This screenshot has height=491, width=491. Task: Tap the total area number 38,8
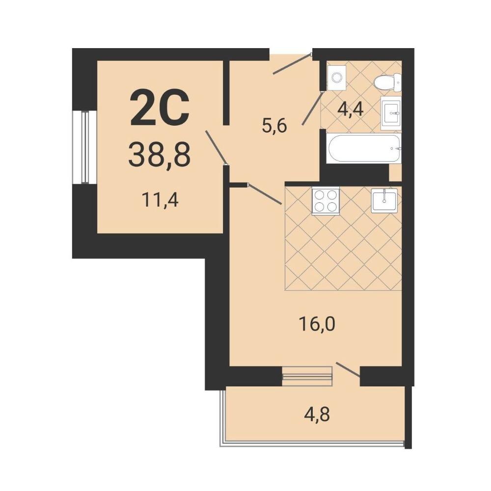[160, 154]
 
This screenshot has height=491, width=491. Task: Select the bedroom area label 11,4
[160, 200]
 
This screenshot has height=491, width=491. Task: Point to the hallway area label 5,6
[275, 126]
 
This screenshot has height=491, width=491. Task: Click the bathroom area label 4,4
[351, 109]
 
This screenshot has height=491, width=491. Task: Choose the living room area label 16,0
[317, 324]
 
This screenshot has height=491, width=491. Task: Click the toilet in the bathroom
[387, 82]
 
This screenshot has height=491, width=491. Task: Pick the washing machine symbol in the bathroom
[337, 77]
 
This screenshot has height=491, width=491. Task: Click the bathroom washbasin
[391, 113]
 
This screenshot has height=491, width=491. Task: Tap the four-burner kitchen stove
[326, 201]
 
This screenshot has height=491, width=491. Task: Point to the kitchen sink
[384, 201]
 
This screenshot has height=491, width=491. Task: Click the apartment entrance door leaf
[292, 64]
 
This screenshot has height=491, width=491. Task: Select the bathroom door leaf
[312, 108]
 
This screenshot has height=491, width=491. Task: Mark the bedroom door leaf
[216, 147]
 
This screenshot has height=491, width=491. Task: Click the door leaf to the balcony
[348, 370]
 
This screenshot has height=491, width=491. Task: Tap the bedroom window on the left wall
[84, 146]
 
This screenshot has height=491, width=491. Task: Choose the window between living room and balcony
[307, 376]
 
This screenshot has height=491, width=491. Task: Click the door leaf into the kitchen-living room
[265, 194]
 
